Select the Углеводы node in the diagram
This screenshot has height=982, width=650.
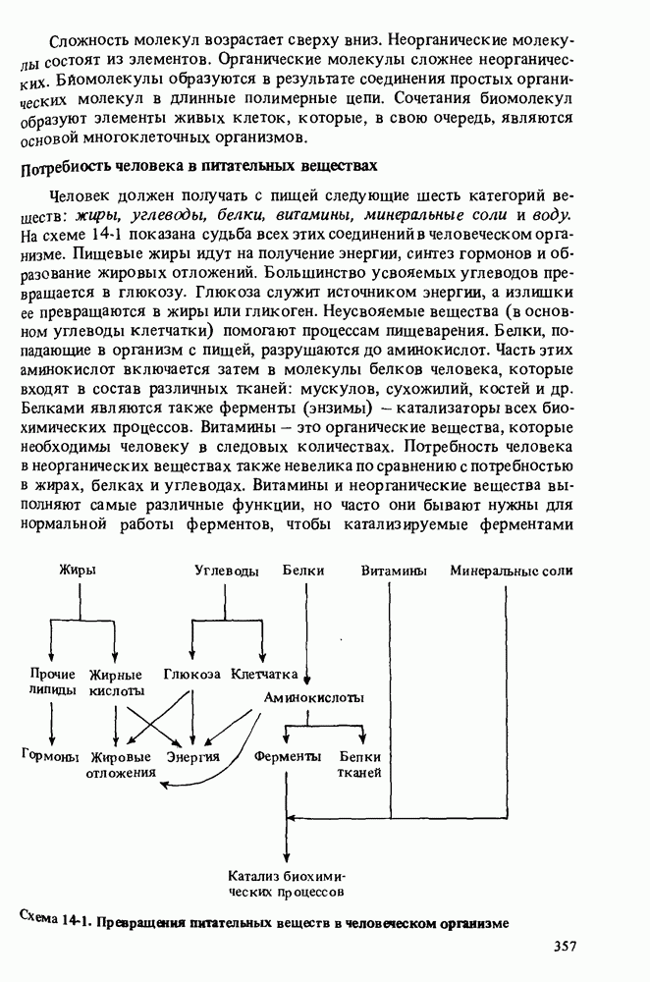click(226, 571)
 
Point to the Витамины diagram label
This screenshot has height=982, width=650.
click(393, 571)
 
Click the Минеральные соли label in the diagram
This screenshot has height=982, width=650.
click(512, 571)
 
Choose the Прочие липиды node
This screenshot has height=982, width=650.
click(52, 682)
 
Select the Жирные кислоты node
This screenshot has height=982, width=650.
click(116, 682)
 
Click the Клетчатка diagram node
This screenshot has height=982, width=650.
click(264, 676)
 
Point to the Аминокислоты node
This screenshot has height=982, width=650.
click(313, 697)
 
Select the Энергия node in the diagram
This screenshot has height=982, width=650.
click(192, 757)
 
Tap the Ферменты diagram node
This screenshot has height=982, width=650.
click(287, 757)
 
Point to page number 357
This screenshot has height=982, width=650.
click(564, 947)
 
